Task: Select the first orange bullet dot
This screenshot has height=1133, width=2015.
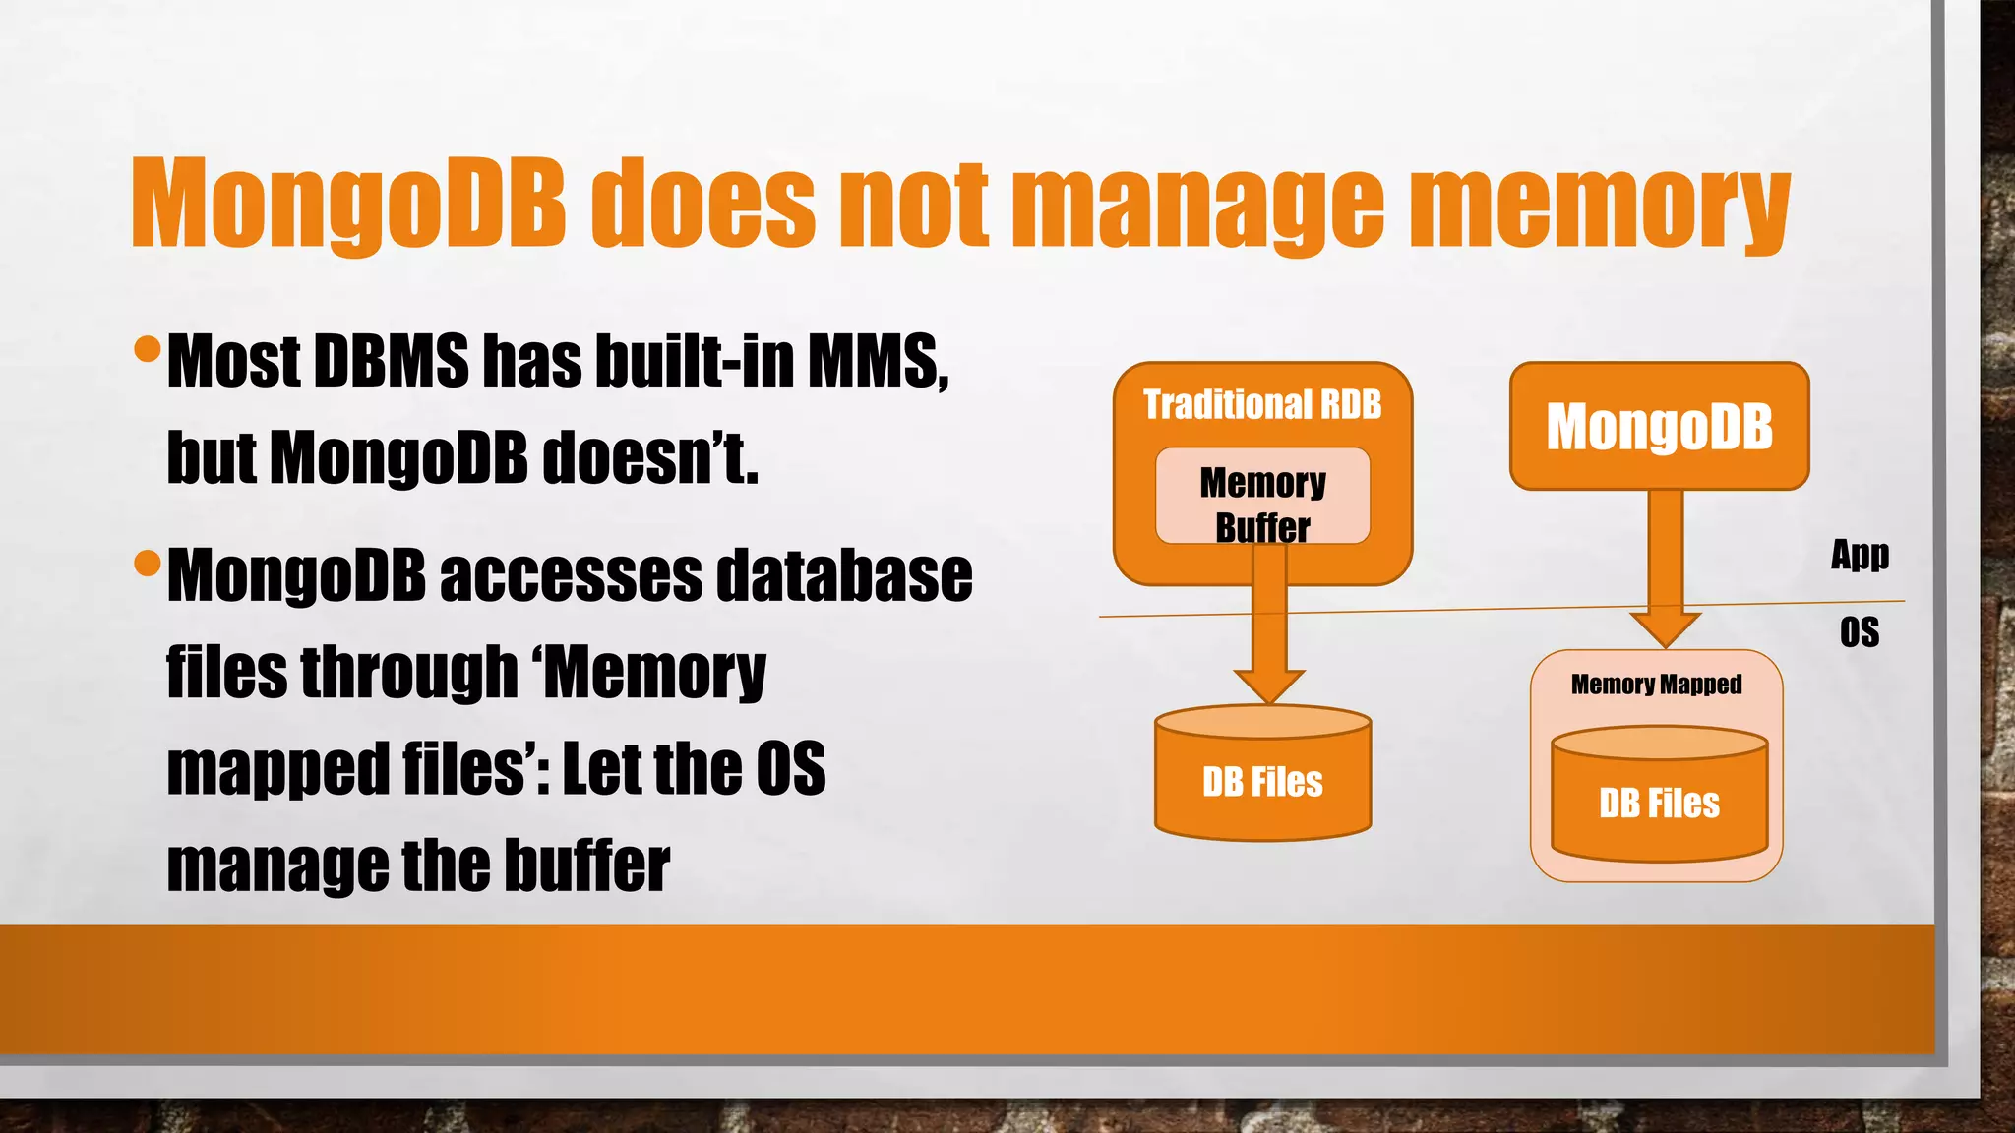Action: (x=147, y=348)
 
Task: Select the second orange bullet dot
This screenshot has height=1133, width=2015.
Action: (x=147, y=564)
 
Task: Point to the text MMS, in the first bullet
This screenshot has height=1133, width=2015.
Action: (x=878, y=361)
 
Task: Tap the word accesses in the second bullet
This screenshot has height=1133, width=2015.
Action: (x=571, y=575)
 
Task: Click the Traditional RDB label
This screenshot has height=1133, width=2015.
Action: (x=1262, y=404)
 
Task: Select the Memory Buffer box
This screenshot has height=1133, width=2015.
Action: (x=1262, y=497)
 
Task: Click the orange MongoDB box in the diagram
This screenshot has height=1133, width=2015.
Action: (x=1659, y=426)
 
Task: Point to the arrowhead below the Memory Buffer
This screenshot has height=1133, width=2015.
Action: (x=1268, y=685)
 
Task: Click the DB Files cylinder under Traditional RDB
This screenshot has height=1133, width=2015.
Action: (x=1262, y=782)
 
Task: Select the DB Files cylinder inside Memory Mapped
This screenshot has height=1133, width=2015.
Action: (x=1659, y=803)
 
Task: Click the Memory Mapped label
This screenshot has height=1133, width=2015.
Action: (x=1656, y=684)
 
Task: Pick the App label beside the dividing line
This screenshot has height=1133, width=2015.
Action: (x=1860, y=555)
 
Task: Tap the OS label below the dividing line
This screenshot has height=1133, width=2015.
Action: (x=1860, y=632)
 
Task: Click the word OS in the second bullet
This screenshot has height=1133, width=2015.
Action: (x=791, y=769)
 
